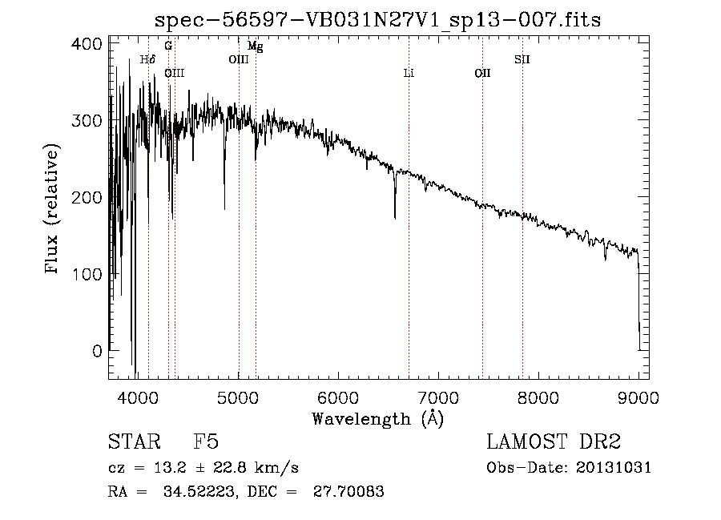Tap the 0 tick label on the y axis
(x=97, y=351)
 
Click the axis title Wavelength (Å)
(x=377, y=418)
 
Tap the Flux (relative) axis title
(x=54, y=210)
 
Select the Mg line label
(x=255, y=46)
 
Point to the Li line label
(x=409, y=74)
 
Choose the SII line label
(x=522, y=59)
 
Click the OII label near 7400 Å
(x=482, y=74)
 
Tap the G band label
(x=168, y=46)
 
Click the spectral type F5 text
(x=206, y=442)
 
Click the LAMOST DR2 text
(x=554, y=442)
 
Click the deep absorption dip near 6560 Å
(x=395, y=210)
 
